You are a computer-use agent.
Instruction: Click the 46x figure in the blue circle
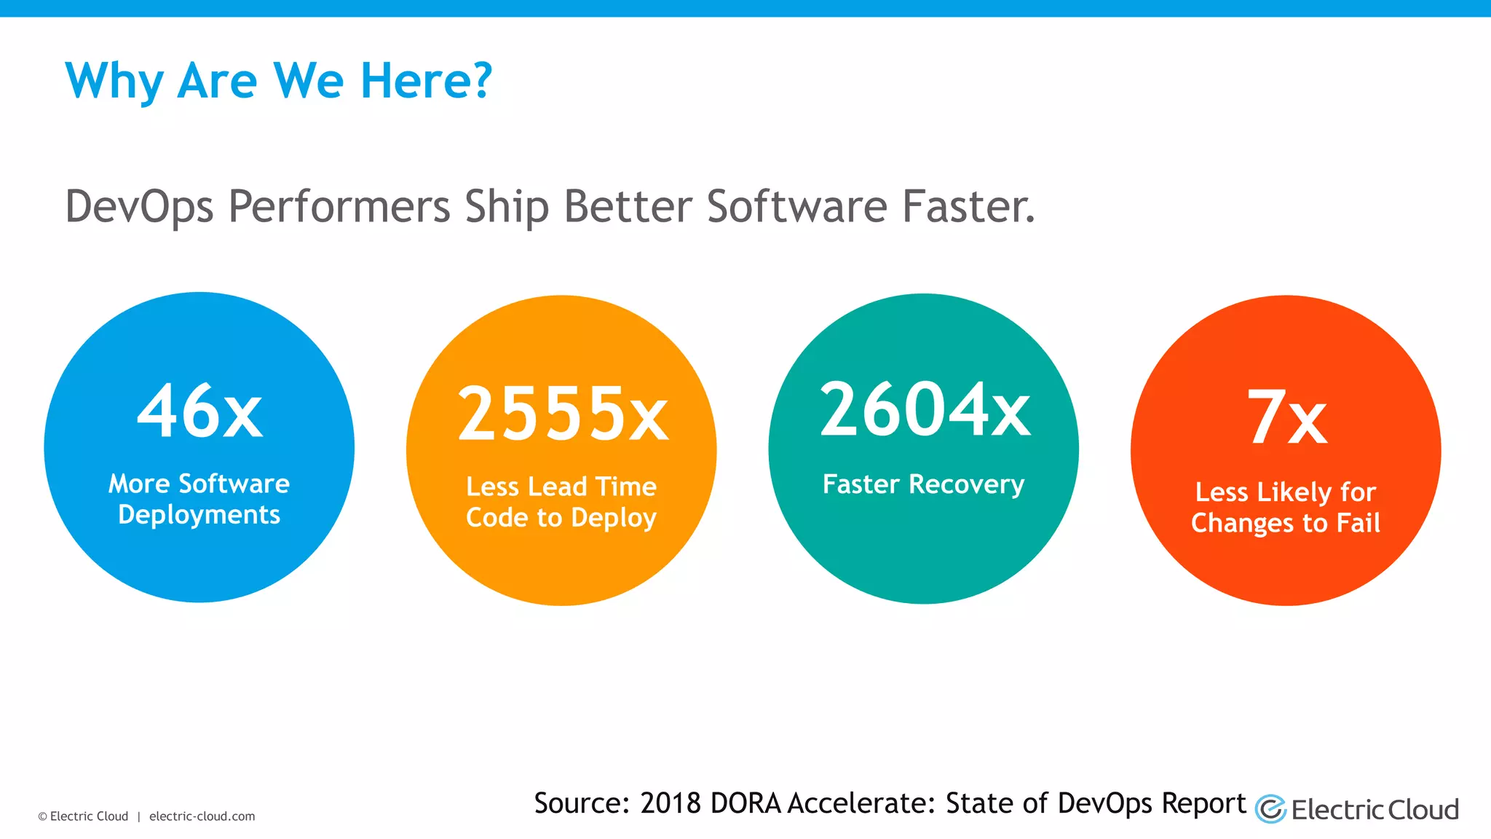point(199,411)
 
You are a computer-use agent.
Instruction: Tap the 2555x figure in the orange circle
point(561,414)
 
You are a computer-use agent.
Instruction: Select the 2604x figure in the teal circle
point(925,410)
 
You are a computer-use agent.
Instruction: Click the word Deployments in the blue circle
point(199,515)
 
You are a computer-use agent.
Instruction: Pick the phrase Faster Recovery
point(923,484)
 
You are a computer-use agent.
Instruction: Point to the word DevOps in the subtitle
point(139,207)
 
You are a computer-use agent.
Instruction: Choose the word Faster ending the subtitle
point(967,206)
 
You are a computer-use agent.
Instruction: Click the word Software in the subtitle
point(796,206)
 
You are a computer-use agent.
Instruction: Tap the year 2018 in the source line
point(670,803)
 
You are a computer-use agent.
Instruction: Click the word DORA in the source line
point(745,803)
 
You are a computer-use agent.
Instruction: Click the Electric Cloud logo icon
point(1270,809)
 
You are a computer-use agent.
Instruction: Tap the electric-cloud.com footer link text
point(202,816)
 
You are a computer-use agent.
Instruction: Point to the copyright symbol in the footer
point(42,817)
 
